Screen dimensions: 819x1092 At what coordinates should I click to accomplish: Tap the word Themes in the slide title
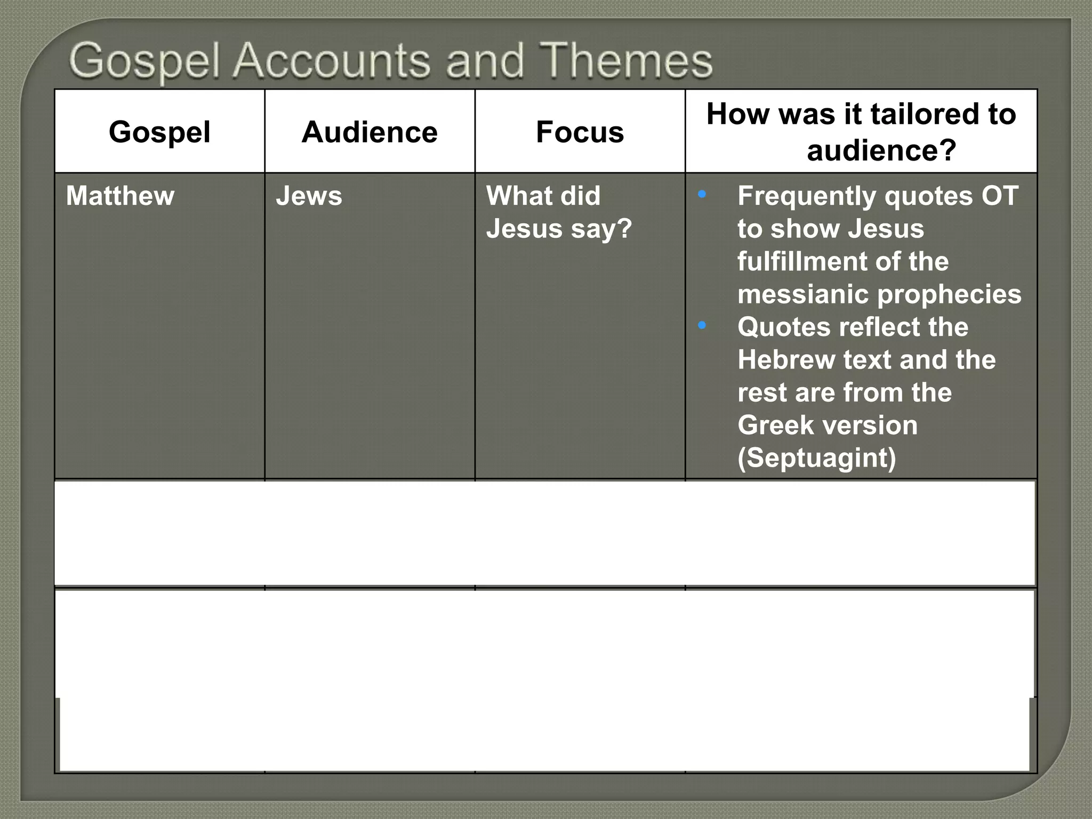pos(626,61)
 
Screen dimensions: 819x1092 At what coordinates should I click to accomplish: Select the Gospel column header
pos(159,132)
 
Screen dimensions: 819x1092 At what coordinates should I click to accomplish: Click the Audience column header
pos(370,132)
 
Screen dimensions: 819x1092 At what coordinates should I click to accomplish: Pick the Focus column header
pos(580,132)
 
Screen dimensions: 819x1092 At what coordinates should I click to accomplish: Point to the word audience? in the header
pos(881,150)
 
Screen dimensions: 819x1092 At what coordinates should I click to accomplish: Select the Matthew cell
pos(120,196)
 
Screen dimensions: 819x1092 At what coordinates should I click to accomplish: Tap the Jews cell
pos(309,196)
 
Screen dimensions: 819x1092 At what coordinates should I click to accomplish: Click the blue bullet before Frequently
pos(702,194)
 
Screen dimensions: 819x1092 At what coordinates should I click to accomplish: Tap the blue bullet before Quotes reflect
pos(702,325)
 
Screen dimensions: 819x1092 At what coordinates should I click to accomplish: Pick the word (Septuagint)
pos(816,458)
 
